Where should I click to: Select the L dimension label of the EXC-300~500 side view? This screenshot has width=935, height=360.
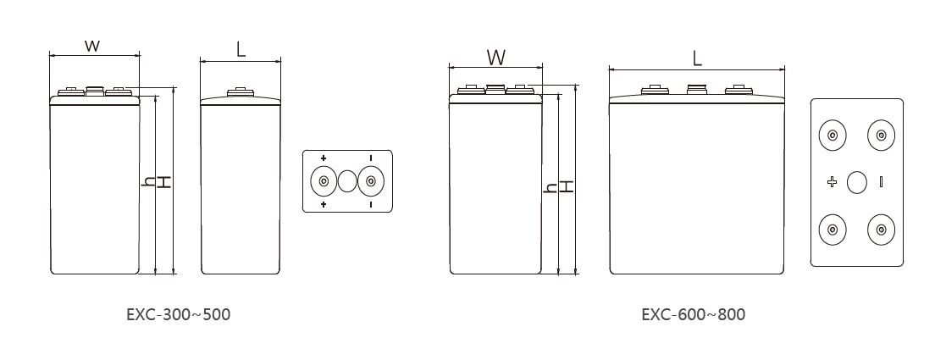pos(241,49)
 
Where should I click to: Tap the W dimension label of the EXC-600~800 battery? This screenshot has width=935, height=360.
pos(495,57)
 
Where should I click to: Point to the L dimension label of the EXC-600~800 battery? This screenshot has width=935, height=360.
pos(697,58)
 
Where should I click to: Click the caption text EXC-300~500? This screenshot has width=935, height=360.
pos(178,314)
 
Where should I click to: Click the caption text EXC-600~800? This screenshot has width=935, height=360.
pos(694,314)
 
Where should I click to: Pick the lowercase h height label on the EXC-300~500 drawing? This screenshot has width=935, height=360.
pos(148,182)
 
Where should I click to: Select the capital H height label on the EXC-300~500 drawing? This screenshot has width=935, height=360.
pos(163,182)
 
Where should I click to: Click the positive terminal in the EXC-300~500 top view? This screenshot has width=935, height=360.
pos(323,181)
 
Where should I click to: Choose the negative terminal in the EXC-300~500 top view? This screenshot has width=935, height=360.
pos(371,181)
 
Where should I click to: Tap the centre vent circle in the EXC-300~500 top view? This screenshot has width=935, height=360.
pos(347,181)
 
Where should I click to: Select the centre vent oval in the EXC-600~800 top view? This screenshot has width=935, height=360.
pos(857,182)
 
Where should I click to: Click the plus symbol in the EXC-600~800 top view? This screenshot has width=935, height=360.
pos(832,182)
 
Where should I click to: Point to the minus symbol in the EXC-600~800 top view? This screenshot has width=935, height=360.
pos(882,182)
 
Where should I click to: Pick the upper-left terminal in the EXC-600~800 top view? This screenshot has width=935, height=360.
pos(833,135)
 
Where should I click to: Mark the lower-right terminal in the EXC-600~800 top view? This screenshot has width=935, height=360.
pos(882,230)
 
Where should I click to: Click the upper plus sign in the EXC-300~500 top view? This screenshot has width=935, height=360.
pos(323,158)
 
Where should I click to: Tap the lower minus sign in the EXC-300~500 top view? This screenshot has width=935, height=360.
pos(371,205)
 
